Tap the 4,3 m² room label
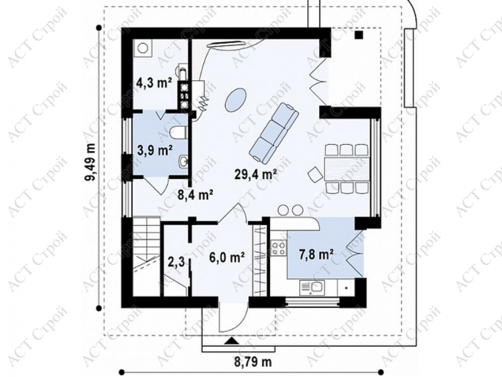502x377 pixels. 154,83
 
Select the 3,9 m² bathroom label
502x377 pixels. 155,150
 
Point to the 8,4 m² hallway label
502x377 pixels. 195,195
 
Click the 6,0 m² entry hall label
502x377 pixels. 227,257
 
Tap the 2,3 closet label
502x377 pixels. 176,262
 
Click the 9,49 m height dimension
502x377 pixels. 90,162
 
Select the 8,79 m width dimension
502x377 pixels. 253,362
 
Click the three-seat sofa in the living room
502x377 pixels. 274,132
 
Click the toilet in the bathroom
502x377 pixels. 179,133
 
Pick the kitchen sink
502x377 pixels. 312,288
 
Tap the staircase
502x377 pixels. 146,256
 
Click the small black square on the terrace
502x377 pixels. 359,35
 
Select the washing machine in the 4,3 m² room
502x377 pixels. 143,48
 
